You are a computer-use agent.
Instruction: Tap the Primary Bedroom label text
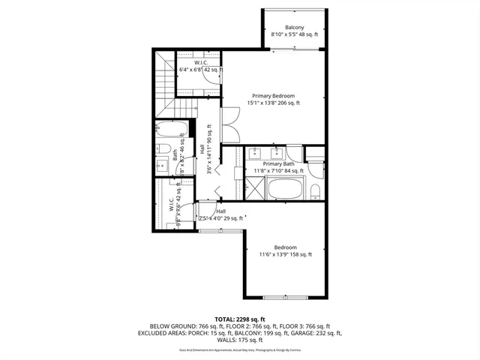pos(273,95)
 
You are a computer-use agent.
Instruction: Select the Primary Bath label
pos(277,163)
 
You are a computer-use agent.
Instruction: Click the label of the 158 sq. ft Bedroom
pos(285,247)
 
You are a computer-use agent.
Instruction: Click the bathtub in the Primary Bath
pos(285,188)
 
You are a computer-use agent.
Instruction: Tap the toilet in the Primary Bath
pos(315,189)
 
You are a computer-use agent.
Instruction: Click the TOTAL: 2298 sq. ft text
pos(239,319)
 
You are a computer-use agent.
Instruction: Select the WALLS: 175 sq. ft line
pos(239,340)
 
